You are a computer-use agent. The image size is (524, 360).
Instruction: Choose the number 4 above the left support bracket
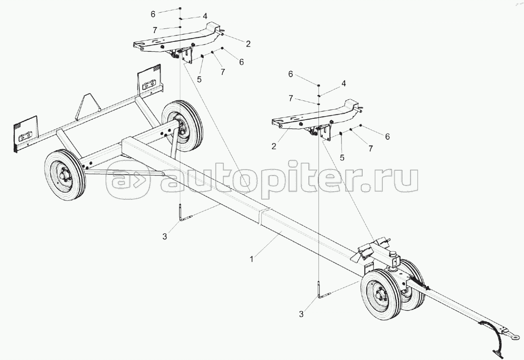[x=205, y=16]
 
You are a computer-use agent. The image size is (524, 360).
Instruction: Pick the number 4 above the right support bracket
[x=343, y=84]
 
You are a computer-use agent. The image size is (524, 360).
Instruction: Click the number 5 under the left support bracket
[x=199, y=79]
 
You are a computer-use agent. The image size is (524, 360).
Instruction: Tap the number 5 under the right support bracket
[x=342, y=157]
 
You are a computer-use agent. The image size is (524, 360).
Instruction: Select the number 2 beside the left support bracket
[x=248, y=44]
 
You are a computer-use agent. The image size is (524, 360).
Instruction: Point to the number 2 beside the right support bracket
[x=274, y=146]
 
